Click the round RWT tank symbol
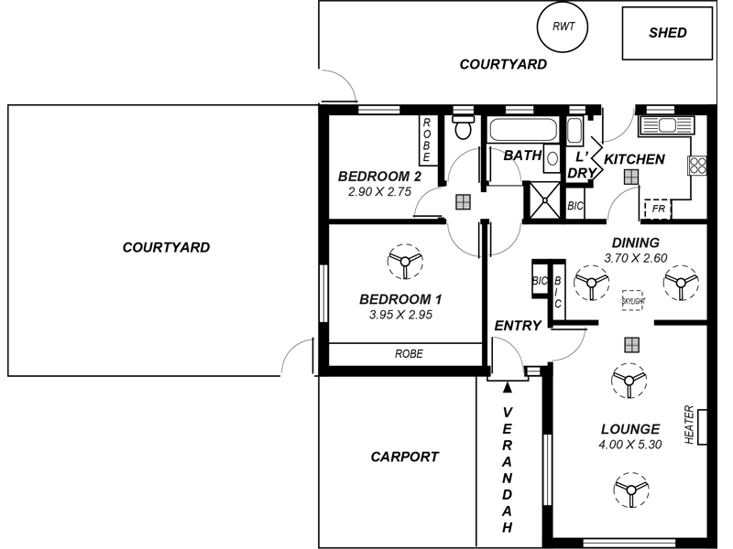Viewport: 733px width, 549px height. (563, 27)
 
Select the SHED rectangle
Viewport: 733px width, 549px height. (667, 34)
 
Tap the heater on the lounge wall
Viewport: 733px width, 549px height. (702, 426)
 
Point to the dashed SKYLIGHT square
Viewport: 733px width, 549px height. (633, 299)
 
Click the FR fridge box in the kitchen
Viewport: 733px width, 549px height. (657, 210)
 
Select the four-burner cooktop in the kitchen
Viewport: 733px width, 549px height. (698, 165)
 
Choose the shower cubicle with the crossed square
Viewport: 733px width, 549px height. (543, 199)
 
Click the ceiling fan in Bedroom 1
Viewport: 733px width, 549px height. (404, 262)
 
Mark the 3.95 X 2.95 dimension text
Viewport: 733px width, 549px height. (400, 315)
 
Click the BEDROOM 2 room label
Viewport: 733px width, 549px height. (379, 177)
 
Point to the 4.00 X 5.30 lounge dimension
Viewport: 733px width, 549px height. (629, 445)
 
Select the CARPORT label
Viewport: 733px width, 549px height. (404, 457)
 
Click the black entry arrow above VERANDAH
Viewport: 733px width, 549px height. (508, 388)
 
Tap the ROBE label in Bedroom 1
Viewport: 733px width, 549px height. (409, 353)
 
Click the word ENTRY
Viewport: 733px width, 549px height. (518, 326)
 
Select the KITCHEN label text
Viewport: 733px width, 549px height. (634, 159)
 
